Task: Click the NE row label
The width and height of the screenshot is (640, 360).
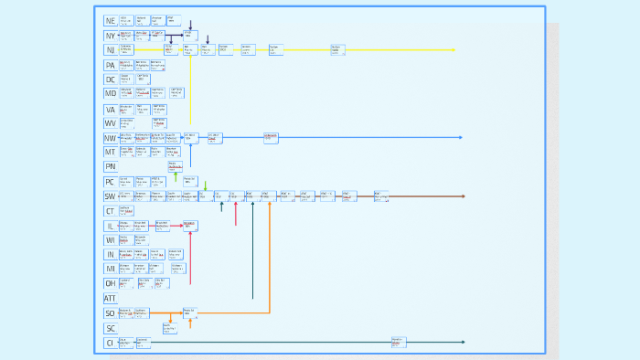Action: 110,21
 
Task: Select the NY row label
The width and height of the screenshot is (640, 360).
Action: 110,36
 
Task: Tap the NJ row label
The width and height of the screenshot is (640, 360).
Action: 110,50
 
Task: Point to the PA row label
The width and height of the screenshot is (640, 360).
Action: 110,65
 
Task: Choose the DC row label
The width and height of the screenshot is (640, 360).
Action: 110,79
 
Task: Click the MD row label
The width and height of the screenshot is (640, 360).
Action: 110,94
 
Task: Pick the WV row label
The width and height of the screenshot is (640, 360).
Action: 110,123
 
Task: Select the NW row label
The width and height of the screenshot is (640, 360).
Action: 110,138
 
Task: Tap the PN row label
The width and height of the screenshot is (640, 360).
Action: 110,167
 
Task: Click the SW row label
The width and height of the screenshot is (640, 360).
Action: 110,196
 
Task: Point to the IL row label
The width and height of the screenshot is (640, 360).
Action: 110,226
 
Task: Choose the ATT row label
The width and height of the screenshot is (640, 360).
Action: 110,299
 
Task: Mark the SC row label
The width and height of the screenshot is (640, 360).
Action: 110,328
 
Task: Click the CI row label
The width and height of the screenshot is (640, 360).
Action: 110,343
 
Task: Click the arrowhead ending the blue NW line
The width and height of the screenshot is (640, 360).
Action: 461,138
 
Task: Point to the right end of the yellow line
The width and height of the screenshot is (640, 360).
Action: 454,50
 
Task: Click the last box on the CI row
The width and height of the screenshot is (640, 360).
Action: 399,343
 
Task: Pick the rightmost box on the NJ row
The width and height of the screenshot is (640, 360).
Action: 337,50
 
